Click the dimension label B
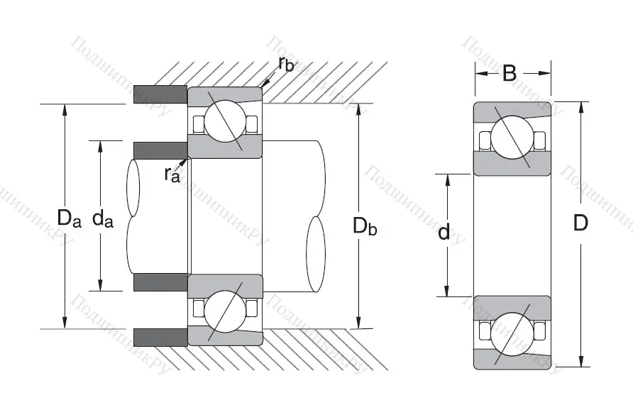pyautogui.click(x=510, y=72)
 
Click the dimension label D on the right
pyautogui.click(x=580, y=223)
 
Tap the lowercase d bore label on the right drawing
pyautogui.click(x=444, y=231)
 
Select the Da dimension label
pyautogui.click(x=70, y=218)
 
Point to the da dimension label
pyautogui.click(x=104, y=218)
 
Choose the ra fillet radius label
pyautogui.click(x=172, y=173)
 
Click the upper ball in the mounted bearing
pyautogui.click(x=224, y=121)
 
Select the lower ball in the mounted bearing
pyautogui.click(x=224, y=311)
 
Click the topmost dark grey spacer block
pyautogui.click(x=160, y=94)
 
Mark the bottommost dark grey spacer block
pyautogui.click(x=160, y=337)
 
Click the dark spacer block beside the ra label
pyautogui.click(x=160, y=150)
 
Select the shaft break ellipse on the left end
pyautogui.click(x=133, y=189)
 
